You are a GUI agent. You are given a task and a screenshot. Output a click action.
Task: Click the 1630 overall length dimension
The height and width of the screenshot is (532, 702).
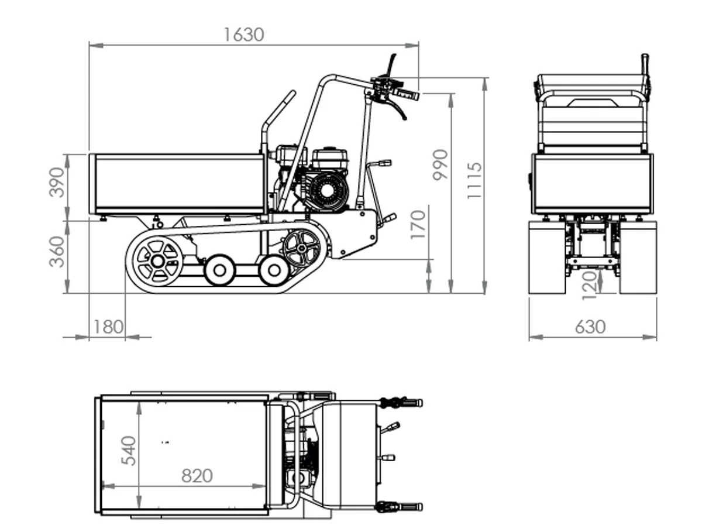[243, 35]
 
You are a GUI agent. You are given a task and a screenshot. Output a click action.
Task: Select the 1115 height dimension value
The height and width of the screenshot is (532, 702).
[474, 180]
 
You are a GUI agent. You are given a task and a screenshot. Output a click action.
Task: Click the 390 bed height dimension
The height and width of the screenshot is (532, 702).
[57, 182]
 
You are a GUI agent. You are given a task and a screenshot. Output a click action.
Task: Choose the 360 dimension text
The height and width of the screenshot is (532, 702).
[57, 252]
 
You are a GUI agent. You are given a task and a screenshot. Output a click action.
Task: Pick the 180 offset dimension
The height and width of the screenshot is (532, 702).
[108, 327]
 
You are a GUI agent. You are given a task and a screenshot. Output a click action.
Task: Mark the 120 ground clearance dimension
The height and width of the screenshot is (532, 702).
[591, 284]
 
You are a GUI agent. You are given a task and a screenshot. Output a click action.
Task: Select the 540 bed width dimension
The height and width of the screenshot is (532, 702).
[129, 451]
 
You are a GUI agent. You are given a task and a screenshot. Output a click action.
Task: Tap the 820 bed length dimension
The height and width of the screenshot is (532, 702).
[197, 476]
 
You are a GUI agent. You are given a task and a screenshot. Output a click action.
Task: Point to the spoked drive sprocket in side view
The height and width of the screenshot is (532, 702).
[302, 248]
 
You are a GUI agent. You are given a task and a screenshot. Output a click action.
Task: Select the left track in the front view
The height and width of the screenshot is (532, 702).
[547, 257]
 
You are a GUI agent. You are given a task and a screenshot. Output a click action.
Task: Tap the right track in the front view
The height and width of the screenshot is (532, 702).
[638, 257]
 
